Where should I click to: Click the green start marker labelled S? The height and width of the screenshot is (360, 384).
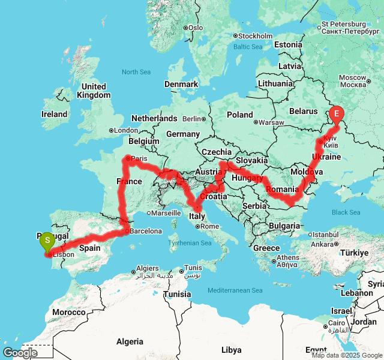pos(47,242)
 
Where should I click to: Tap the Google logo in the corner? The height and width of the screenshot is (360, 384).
pos(20,352)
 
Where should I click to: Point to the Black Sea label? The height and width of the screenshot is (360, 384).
pos(346,212)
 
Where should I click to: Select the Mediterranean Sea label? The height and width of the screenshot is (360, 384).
pos(235,290)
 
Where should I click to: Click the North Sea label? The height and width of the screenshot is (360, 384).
pos(136,72)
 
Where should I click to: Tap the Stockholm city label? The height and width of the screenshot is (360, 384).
pos(256,35)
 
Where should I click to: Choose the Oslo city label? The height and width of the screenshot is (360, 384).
pos(196,28)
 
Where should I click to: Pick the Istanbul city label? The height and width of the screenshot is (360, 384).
pos(328,235)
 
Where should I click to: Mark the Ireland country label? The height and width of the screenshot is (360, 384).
pos(55,114)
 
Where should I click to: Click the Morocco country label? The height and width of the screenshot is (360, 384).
pos(68,313)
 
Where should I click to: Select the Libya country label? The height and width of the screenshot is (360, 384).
pos(231,350)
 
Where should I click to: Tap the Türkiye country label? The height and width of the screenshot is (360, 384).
pos(356,253)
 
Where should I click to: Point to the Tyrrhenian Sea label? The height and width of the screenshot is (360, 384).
pos(190,243)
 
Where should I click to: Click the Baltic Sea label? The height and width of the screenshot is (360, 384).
pos(248,47)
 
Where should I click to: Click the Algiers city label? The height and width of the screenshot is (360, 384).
pos(147,268)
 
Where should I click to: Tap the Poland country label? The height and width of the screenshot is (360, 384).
pos(240,115)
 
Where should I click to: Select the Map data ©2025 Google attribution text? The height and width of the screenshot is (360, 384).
pos(347,355)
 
